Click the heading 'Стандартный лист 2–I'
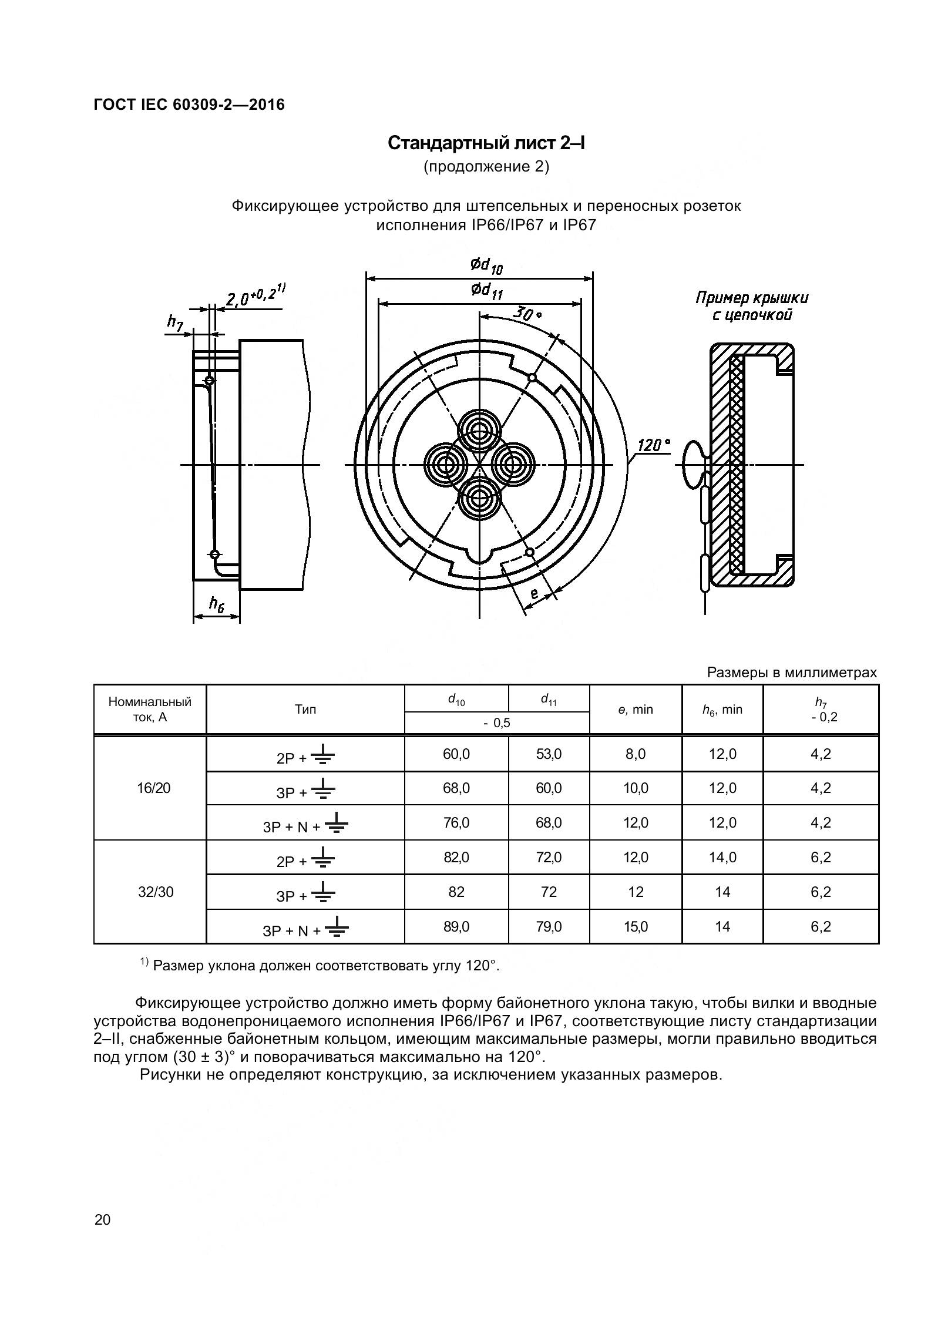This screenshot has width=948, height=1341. coord(486,143)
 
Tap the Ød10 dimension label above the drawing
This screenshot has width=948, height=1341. coord(486,266)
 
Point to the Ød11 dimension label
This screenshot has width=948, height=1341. coord(486,291)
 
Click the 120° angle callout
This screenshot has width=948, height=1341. coord(653,445)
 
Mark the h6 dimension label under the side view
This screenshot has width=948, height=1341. coord(217,603)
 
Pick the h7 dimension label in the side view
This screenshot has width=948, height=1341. coord(175,321)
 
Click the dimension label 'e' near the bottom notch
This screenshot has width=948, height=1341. coord(534,594)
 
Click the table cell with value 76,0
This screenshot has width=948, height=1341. coord(456,823)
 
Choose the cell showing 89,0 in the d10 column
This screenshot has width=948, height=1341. coord(456,927)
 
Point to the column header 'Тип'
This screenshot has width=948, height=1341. coord(305,710)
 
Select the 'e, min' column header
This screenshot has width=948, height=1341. coord(636,710)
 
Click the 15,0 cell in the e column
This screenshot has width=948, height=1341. coord(636,927)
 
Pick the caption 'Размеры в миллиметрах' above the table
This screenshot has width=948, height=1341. coord(792,673)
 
